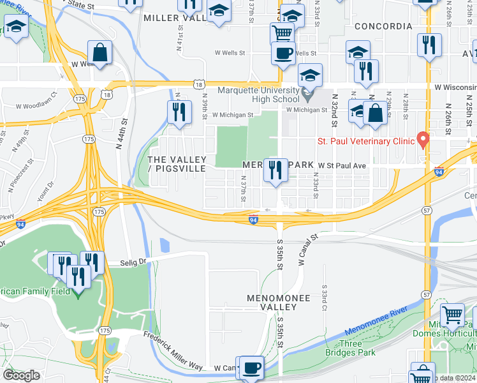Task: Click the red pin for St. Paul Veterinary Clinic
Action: [x=422, y=139]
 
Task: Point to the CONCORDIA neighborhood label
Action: [x=383, y=26]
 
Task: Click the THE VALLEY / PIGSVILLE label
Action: [x=177, y=163]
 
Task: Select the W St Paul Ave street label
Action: [x=343, y=165]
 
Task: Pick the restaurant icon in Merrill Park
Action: [x=276, y=170]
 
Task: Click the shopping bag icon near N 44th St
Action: [x=100, y=52]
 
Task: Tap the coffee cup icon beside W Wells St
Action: [x=283, y=54]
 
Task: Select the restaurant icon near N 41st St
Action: [x=179, y=112]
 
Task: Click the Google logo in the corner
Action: [x=21, y=375]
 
